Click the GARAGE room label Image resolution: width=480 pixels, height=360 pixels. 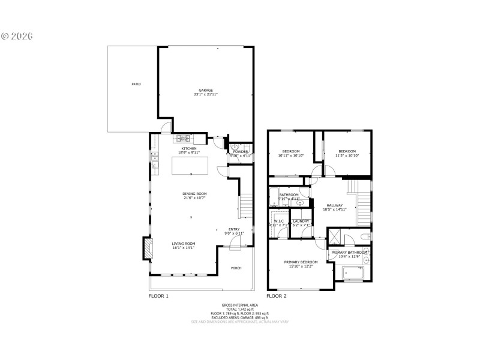(206, 91)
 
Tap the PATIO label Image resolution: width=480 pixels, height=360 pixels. (136, 85)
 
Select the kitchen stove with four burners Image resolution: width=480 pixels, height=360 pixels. (183, 139)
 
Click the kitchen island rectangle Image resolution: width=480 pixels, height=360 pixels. (191, 165)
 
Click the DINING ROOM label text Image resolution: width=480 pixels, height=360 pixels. (194, 194)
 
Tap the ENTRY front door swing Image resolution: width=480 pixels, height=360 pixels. (236, 241)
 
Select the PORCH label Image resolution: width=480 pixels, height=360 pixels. (236, 268)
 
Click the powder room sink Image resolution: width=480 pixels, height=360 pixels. (235, 147)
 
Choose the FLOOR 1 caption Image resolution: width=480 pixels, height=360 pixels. (158, 296)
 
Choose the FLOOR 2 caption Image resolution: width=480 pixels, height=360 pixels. (277, 296)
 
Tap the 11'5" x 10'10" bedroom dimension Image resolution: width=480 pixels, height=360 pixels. (347, 155)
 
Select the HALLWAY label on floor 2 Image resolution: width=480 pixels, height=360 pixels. (335, 205)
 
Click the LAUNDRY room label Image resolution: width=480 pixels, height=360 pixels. (301, 221)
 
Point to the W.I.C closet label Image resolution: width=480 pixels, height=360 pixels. (279, 221)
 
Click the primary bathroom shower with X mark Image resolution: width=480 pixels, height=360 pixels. (334, 237)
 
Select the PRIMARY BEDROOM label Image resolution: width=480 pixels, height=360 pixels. (301, 262)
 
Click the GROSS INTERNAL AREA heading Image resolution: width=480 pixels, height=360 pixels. (239, 305)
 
